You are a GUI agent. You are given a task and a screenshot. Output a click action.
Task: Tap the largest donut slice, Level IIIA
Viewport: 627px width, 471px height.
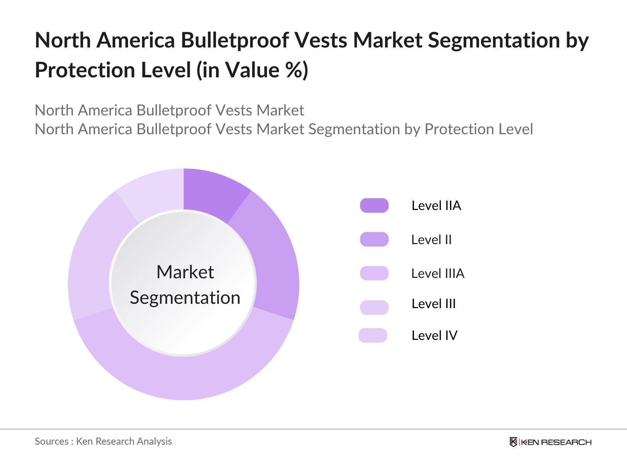[184, 377]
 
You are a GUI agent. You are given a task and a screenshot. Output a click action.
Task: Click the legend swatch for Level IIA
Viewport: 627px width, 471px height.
[374, 205]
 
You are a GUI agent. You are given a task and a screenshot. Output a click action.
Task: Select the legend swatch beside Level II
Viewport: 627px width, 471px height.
[374, 239]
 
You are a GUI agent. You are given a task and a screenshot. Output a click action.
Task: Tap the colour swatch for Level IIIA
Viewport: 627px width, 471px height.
[374, 273]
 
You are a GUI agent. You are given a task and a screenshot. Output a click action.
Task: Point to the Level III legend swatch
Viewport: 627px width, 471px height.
[374, 307]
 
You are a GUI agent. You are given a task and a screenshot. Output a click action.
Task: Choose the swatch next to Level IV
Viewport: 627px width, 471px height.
[373, 335]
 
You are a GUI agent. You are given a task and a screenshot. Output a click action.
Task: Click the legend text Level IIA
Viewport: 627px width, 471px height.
[436, 205]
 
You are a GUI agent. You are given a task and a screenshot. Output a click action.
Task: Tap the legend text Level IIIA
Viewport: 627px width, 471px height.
[438, 273]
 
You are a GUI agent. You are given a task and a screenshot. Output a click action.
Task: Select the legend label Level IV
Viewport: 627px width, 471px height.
[434, 335]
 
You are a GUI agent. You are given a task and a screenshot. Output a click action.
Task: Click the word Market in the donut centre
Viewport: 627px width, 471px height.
[185, 272]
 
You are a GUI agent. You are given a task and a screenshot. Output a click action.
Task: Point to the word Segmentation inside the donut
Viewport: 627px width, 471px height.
[185, 298]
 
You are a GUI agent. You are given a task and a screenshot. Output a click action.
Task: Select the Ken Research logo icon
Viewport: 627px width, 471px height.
[513, 442]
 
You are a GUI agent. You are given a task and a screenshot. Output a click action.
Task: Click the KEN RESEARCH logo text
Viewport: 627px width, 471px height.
[556, 442]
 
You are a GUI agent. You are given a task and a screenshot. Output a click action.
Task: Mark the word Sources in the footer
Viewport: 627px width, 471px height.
[51, 441]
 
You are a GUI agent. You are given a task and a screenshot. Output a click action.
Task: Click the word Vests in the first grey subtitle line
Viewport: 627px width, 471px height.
[234, 110]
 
